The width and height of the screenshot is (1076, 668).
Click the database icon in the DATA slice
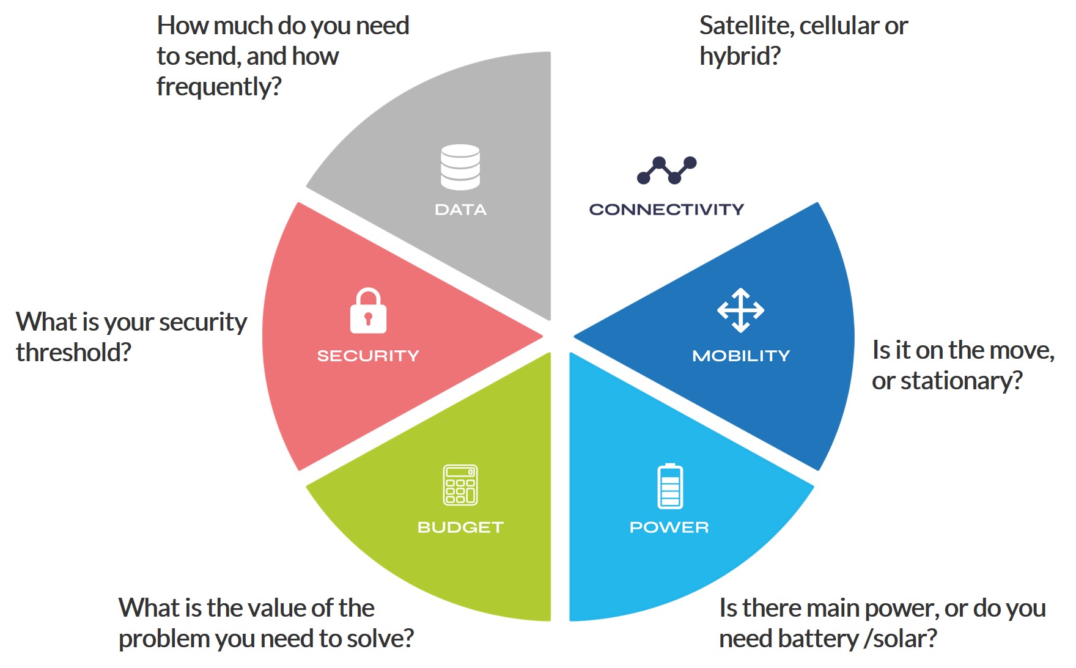(460, 167)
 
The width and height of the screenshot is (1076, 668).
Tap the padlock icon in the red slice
(368, 310)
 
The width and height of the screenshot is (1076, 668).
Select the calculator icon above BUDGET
(460, 485)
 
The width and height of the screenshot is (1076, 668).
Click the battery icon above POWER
(670, 486)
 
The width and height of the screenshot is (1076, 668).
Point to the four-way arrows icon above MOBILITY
(740, 310)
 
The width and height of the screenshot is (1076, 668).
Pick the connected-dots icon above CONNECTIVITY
(666, 171)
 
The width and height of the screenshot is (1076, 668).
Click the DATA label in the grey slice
(460, 210)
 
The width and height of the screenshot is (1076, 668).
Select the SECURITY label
(368, 356)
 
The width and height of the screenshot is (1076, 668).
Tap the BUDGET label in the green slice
(460, 527)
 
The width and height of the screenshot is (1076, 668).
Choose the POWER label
(669, 527)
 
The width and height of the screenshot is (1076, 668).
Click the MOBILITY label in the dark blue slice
(741, 356)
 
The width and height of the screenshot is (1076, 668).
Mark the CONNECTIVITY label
(666, 210)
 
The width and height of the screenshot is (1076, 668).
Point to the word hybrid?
(740, 56)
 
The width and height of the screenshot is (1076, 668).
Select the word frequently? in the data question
(219, 87)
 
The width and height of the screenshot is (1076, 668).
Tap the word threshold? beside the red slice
(73, 353)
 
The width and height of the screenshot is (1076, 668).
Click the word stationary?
(962, 381)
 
